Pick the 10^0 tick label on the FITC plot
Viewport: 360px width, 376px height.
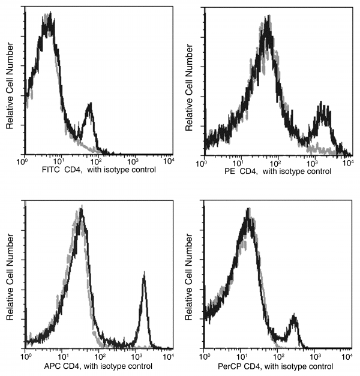pos(23,161)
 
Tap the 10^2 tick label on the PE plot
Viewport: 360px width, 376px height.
pos(275,162)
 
